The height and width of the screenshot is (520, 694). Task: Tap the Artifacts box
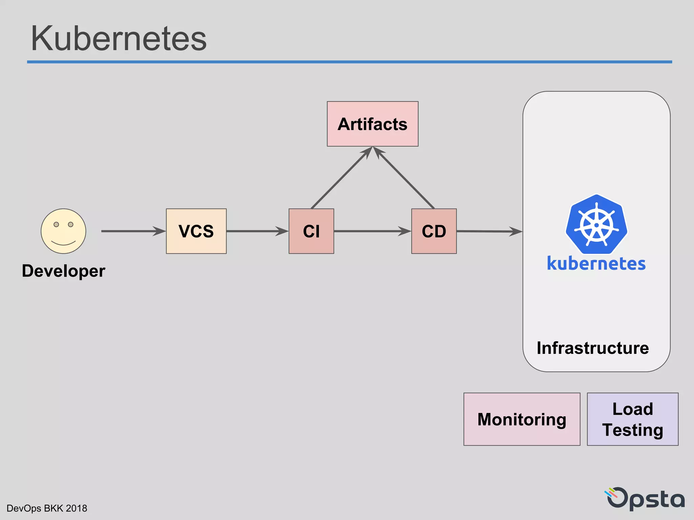click(x=372, y=124)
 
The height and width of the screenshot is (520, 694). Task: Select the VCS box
click(x=196, y=231)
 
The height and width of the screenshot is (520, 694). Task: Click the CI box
click(x=311, y=231)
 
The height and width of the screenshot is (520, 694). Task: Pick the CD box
click(x=434, y=231)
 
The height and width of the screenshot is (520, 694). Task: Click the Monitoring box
click(x=522, y=419)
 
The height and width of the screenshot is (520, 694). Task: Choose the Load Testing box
click(x=632, y=419)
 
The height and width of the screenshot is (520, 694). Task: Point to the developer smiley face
click(x=63, y=231)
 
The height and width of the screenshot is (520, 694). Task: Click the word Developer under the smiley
click(x=63, y=271)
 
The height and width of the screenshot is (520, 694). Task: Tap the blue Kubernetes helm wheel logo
click(x=596, y=224)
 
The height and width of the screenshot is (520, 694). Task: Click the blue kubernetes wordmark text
click(x=596, y=263)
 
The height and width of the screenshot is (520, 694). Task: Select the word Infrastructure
click(x=593, y=348)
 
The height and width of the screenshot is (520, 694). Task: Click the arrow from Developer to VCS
click(x=132, y=231)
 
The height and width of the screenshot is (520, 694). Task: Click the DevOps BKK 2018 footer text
click(x=47, y=508)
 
